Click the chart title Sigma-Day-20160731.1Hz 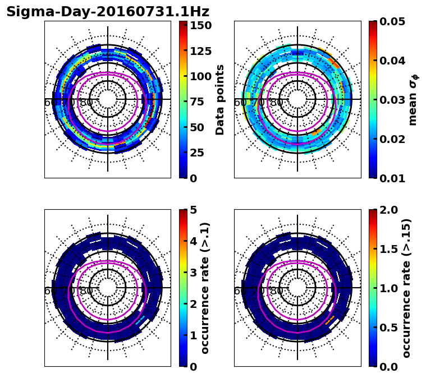click(x=108, y=12)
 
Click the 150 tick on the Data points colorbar click(x=201, y=25)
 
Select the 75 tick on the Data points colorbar click(x=201, y=102)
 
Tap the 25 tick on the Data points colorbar click(x=201, y=153)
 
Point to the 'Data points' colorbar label click(x=220, y=99)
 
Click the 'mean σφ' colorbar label click(x=413, y=99)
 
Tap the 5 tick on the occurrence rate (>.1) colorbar click(x=193, y=210)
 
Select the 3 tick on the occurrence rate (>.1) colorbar click(x=193, y=273)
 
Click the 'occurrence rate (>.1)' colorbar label click(x=205, y=288)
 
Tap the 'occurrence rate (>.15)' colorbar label click(x=406, y=288)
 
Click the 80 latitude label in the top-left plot click(x=86, y=103)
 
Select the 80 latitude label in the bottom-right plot click(x=276, y=291)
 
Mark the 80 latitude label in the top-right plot click(x=276, y=103)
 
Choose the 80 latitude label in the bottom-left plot click(x=86, y=291)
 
